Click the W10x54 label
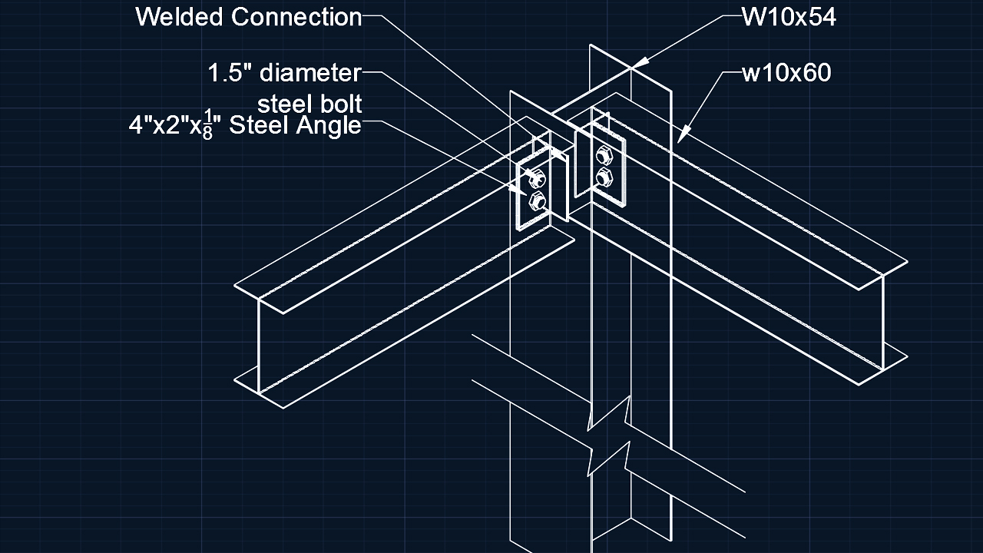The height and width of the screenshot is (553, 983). (x=788, y=17)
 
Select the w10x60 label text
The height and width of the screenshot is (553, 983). (x=786, y=74)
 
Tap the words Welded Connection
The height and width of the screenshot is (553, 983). (x=248, y=17)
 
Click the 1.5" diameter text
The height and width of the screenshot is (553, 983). (x=284, y=73)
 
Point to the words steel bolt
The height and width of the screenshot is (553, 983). (x=309, y=103)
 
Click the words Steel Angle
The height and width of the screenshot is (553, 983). (x=296, y=125)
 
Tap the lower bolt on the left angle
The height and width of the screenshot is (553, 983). (x=538, y=202)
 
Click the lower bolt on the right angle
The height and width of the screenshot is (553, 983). (x=603, y=177)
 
